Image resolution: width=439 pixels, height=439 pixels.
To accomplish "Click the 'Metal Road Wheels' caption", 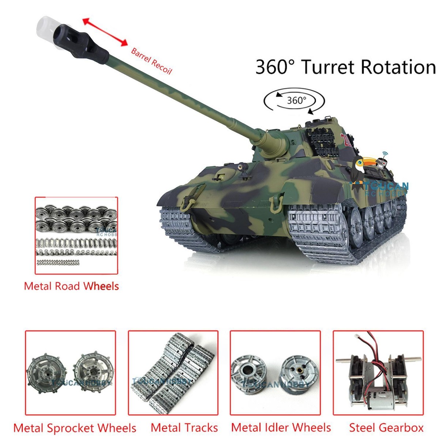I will [71, 286].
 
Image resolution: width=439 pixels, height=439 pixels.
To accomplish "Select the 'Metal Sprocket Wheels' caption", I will [75, 428].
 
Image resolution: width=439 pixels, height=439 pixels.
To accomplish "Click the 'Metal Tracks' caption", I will [184, 428].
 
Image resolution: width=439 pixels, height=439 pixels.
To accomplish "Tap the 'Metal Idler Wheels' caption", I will [281, 427].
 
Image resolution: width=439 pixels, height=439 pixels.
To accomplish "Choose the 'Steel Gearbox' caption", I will [386, 427].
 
